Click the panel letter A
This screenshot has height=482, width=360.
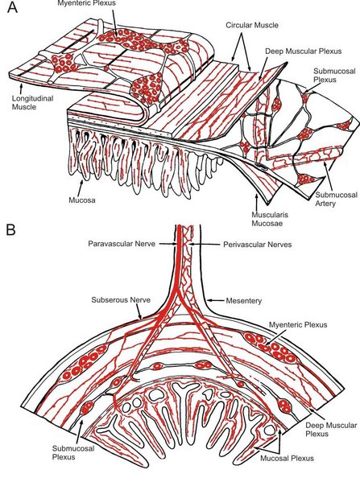pyautogui.click(x=12, y=8)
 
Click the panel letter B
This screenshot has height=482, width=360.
pyautogui.click(x=10, y=229)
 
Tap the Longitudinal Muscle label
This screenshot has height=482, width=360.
pyautogui.click(x=32, y=103)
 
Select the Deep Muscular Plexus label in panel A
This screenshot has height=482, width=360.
pyautogui.click(x=303, y=51)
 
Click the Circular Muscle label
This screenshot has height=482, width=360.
pyautogui.click(x=252, y=25)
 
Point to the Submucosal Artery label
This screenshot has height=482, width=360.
pyautogui.click(x=337, y=199)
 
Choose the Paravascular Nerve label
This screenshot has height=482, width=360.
pyautogui.click(x=122, y=244)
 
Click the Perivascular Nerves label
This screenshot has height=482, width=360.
pyautogui.click(x=257, y=245)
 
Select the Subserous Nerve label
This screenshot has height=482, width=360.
pyautogui.click(x=121, y=299)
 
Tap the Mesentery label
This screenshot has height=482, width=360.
pyautogui.click(x=244, y=300)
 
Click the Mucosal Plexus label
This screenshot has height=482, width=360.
pyautogui.click(x=287, y=459)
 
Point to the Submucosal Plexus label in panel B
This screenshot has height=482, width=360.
pyautogui.click(x=73, y=452)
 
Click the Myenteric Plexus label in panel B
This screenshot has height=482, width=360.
pyautogui.click(x=298, y=324)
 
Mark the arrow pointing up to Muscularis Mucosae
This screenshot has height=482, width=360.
pyautogui.click(x=256, y=202)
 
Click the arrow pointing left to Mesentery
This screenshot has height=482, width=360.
pyautogui.click(x=215, y=299)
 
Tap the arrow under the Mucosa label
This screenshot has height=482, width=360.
pyautogui.click(x=82, y=187)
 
